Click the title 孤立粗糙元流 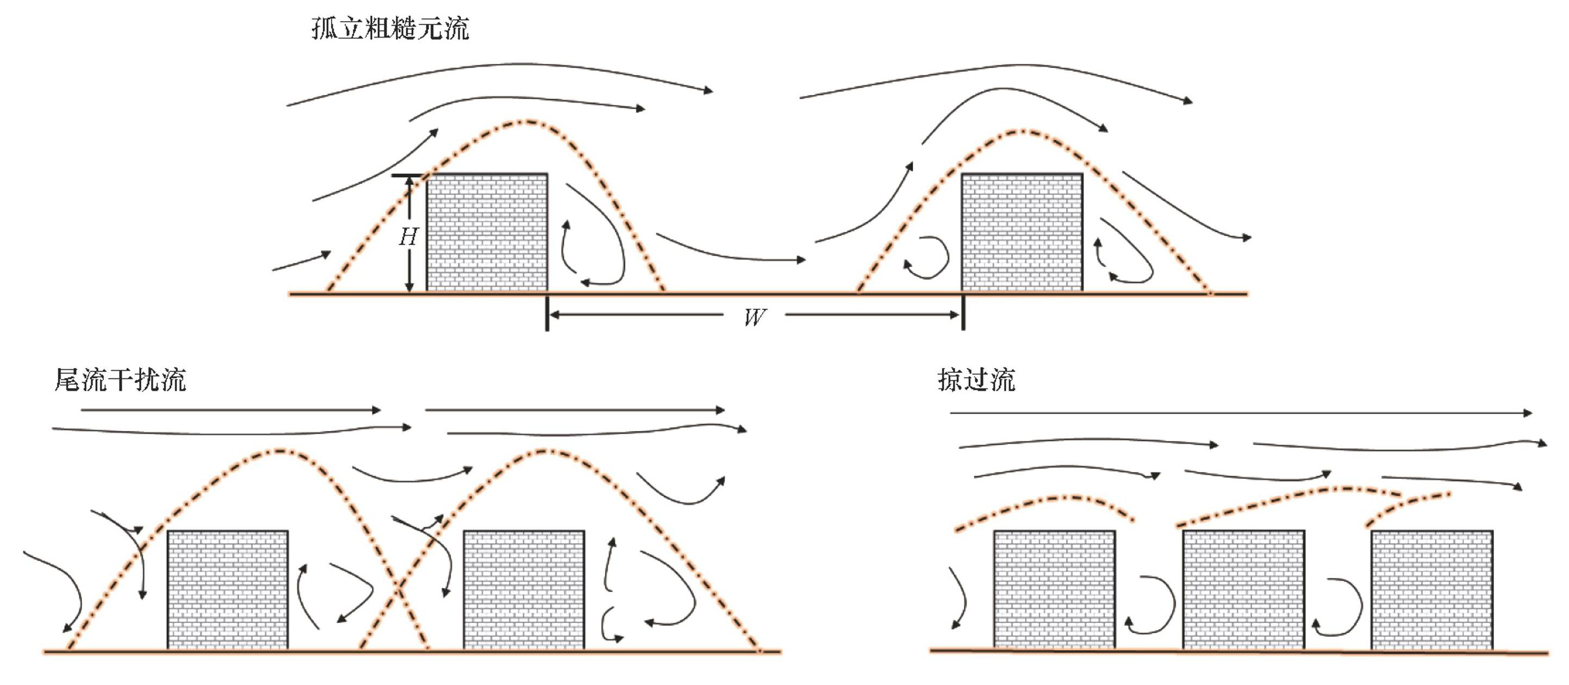(x=390, y=29)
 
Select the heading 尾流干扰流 (x=120, y=380)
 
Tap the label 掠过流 (x=976, y=380)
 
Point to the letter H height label (x=408, y=237)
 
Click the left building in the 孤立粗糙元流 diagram (x=487, y=232)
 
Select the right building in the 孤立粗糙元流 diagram (x=1022, y=232)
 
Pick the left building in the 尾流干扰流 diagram (x=227, y=589)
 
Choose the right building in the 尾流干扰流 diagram (x=524, y=589)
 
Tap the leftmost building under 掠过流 (x=1054, y=589)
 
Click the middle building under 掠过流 (x=1243, y=589)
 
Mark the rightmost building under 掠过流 (x=1432, y=589)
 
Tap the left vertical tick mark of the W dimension (x=547, y=313)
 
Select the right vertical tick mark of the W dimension (x=963, y=313)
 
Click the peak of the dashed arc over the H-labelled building (x=527, y=122)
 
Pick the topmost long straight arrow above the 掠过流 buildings (x=1240, y=413)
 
